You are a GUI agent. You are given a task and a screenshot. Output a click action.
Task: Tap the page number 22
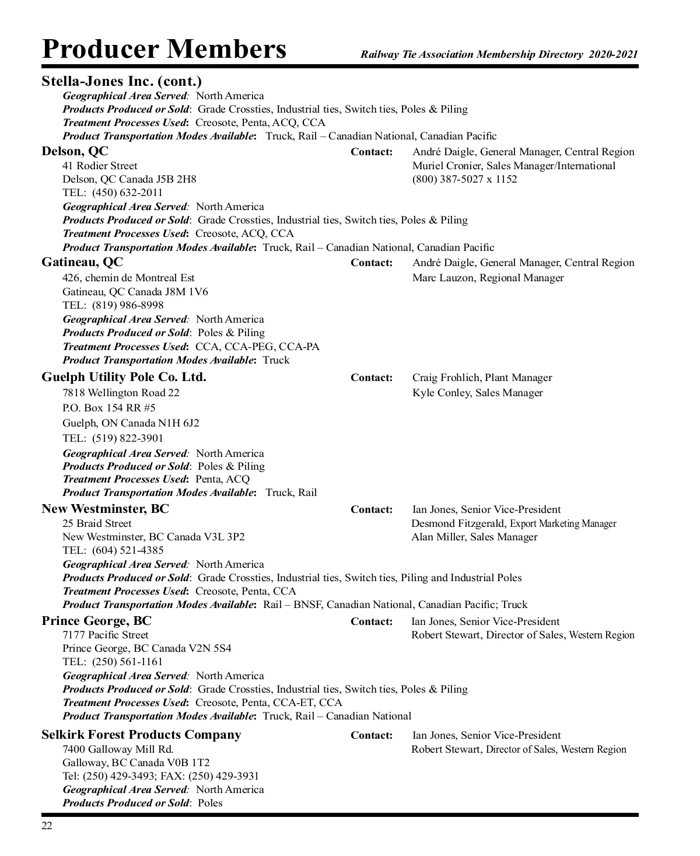pos(47,826)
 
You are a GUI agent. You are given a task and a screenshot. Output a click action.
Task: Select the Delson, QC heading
pos(75,151)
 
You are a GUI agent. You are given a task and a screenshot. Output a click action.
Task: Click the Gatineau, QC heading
pos(82,262)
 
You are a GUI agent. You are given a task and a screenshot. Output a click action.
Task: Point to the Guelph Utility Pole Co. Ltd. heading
pos(124,377)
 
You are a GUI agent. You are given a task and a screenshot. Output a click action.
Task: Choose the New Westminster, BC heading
pos(105,509)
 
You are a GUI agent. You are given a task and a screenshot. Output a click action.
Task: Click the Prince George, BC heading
pos(96,620)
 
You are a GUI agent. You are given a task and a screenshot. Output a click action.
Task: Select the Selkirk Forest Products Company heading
pos(141,735)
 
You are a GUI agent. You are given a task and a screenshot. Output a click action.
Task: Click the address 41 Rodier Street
pos(100,166)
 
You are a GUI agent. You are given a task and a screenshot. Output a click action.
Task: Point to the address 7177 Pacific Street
pos(105,635)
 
